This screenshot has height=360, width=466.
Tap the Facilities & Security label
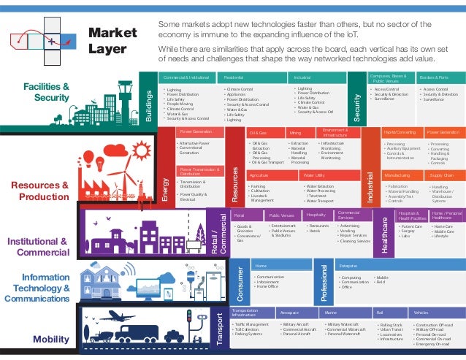[x=46, y=93]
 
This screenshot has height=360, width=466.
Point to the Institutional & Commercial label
[x=38, y=247]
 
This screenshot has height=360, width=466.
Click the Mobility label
[x=51, y=340]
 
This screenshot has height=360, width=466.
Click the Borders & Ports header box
[x=440, y=77]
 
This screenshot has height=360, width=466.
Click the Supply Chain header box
[x=443, y=176]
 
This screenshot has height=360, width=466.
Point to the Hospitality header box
[x=316, y=215]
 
